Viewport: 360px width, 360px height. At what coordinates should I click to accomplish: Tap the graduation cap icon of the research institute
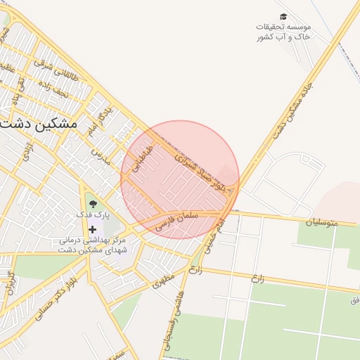click(283, 16)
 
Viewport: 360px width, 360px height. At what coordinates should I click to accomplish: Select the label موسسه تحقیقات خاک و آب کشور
click(283, 31)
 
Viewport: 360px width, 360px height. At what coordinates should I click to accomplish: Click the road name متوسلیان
click(321, 222)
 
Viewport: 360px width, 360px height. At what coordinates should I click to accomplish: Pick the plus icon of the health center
click(92, 229)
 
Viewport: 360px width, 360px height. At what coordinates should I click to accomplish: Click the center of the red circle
click(180, 180)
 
